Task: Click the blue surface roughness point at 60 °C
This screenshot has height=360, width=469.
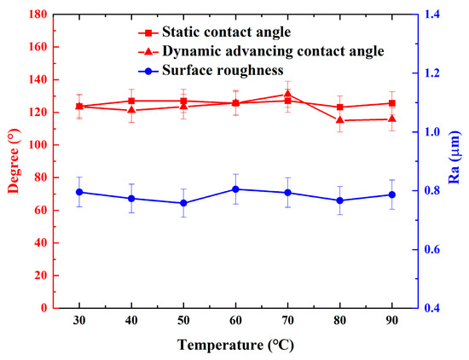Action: (235, 189)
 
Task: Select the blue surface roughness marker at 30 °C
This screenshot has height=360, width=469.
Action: (79, 192)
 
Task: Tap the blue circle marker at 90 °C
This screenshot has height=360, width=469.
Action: (391, 195)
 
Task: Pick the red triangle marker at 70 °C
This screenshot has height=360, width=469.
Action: (287, 94)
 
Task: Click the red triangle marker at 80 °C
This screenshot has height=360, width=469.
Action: (339, 120)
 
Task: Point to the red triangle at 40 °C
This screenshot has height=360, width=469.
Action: (131, 110)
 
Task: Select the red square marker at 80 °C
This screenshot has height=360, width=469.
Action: (339, 107)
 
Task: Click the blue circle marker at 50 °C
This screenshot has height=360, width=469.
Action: (183, 203)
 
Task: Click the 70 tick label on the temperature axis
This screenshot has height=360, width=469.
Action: (287, 323)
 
